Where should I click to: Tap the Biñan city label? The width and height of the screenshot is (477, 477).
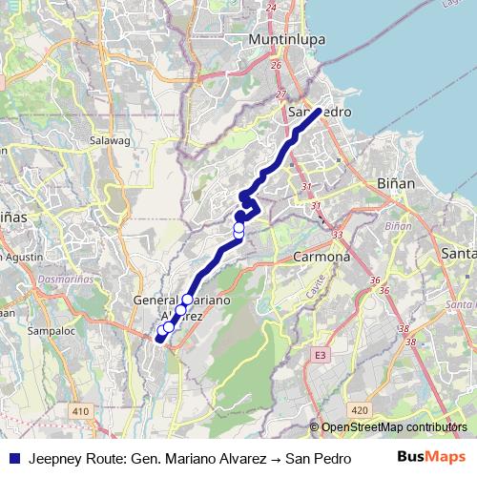(395, 181)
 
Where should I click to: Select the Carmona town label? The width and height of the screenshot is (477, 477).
(321, 258)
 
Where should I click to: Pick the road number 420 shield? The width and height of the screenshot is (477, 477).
(359, 410)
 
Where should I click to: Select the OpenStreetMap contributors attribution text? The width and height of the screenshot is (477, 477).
(388, 427)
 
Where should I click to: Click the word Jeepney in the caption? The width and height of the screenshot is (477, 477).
(55, 457)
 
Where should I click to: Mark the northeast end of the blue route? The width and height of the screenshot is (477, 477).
(319, 112)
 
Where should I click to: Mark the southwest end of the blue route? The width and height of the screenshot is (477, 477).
(158, 338)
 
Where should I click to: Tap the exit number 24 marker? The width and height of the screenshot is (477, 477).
(272, 8)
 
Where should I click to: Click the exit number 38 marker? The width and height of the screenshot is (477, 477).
(409, 327)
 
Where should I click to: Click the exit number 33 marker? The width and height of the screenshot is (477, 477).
(337, 234)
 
